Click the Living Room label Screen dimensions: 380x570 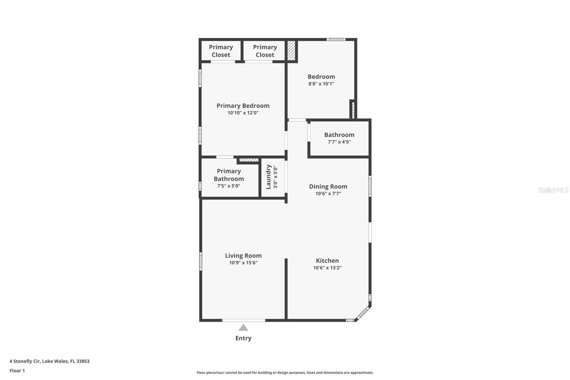pyautogui.click(x=243, y=256)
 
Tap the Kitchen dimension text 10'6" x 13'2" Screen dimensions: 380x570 pyautogui.click(x=327, y=268)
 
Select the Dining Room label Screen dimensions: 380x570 pyautogui.click(x=328, y=186)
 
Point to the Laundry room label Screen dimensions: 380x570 pyautogui.click(x=269, y=177)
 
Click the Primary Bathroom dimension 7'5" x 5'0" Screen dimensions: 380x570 pyautogui.click(x=229, y=186)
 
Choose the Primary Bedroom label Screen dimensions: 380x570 pyautogui.click(x=243, y=106)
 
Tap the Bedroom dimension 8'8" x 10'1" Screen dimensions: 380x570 pyautogui.click(x=321, y=84)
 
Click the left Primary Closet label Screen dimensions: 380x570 pyautogui.click(x=221, y=51)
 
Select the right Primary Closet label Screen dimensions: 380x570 pyautogui.click(x=265, y=51)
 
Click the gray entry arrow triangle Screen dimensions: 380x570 pyautogui.click(x=243, y=328)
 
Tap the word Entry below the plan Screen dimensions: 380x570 pyautogui.click(x=243, y=338)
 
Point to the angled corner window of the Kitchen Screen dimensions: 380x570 pyautogui.click(x=363, y=313)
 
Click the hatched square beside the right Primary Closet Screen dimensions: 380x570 pyautogui.click(x=291, y=51)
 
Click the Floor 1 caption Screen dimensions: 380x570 pyautogui.click(x=17, y=371)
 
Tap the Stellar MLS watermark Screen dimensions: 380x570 pyautogui.click(x=553, y=190)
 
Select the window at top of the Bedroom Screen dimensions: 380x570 pyautogui.click(x=336, y=40)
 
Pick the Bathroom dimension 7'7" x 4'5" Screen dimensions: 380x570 pyautogui.click(x=339, y=142)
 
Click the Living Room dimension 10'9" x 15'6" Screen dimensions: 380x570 pyautogui.click(x=243, y=263)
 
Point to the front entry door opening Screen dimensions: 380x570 pyautogui.click(x=244, y=320)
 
